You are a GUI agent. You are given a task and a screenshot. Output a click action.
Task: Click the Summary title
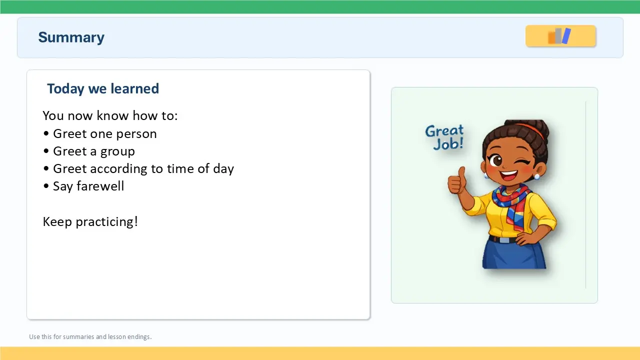[x=71, y=37]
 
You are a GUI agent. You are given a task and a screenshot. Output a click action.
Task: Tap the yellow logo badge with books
[x=560, y=36]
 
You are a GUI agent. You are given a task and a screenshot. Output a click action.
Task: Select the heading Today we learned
[x=103, y=88]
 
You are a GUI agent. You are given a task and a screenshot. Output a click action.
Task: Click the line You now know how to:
[x=110, y=115]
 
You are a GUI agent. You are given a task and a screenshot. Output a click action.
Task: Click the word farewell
[x=100, y=186]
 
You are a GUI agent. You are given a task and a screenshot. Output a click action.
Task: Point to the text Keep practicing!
[x=90, y=221]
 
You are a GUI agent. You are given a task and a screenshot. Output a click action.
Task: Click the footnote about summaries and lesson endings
[x=90, y=336]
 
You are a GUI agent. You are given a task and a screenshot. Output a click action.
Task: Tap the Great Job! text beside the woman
[x=444, y=137]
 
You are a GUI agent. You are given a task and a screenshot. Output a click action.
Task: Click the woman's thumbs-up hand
[x=456, y=181]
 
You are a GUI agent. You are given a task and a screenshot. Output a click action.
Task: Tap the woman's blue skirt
[x=514, y=255]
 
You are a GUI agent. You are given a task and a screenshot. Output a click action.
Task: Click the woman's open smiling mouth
[x=509, y=174]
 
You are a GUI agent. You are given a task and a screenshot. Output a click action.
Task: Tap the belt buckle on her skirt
[x=504, y=240]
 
